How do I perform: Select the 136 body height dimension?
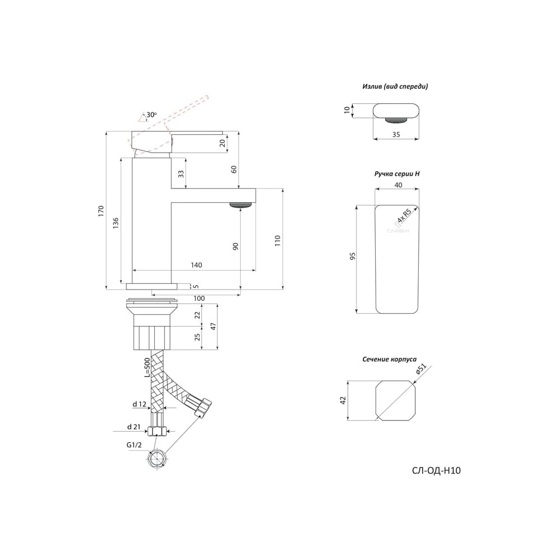pos(116,223)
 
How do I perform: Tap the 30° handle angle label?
pos(151,115)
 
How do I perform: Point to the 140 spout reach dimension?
pos(196,265)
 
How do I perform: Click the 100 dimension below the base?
pos(199,299)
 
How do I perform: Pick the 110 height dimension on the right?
pos(278,240)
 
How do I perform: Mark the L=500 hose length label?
pos(147,368)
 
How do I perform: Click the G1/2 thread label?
pos(134,445)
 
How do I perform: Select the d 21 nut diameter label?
pos(134,427)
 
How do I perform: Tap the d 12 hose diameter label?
pos(139,404)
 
